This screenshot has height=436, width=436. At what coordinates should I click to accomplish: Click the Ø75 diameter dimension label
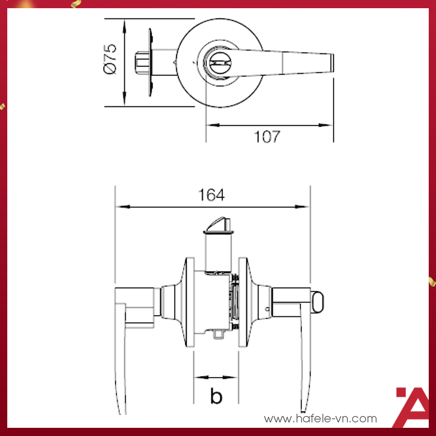click(x=110, y=59)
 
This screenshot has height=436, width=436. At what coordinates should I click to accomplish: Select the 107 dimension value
click(x=267, y=137)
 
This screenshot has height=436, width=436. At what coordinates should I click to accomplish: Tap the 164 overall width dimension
click(x=211, y=195)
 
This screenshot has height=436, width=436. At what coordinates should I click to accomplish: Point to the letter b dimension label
click(x=216, y=396)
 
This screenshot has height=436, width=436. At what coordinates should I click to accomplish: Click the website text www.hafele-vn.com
click(x=320, y=418)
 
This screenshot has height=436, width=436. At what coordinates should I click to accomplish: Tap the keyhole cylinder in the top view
click(x=218, y=64)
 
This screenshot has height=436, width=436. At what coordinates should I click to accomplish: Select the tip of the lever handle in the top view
click(x=332, y=63)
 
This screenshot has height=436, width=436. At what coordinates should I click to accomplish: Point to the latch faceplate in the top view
click(x=150, y=62)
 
